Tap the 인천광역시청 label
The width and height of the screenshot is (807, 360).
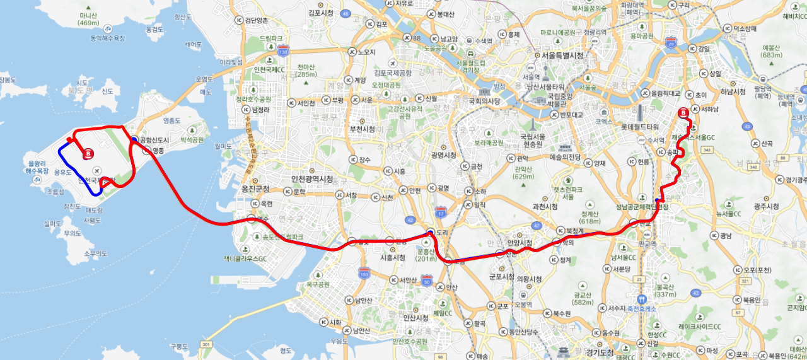coord(311,179)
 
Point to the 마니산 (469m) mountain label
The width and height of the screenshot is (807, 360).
coord(89,19)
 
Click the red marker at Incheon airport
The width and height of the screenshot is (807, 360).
coord(89,153)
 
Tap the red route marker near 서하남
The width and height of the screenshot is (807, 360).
coord(683,113)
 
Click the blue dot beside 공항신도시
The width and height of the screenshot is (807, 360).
coord(134,139)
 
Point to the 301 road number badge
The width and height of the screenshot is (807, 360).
coord(206,344)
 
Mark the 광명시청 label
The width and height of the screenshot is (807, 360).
coord(444,155)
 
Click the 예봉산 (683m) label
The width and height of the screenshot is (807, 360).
coord(772,51)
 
